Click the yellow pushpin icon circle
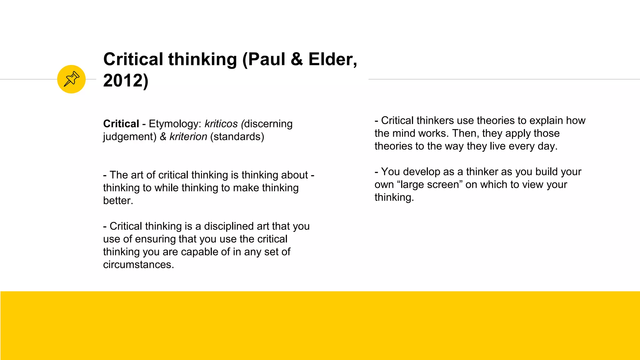[x=71, y=79]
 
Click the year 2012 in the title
[x=123, y=81]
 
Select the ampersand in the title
[x=297, y=59]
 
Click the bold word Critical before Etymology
[x=121, y=124]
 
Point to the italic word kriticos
[x=221, y=124]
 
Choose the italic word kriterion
[x=188, y=137]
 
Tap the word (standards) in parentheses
[x=237, y=137]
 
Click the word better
[x=118, y=201]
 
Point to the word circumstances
[x=138, y=265]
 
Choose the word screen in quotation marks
[x=444, y=185]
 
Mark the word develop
[x=422, y=172]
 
